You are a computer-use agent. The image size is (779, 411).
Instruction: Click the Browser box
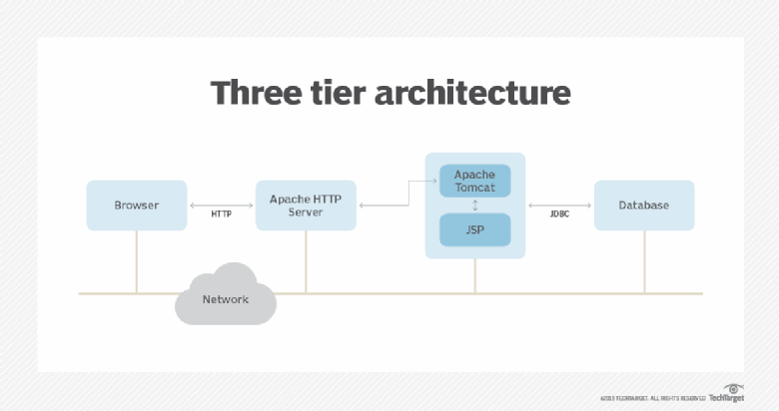[137, 205]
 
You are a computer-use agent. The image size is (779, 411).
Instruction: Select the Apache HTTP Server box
[306, 205]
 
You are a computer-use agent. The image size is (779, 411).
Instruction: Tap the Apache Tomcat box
[475, 181]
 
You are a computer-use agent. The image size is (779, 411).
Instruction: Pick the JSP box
[475, 230]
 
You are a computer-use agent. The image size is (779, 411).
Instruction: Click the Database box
[644, 205]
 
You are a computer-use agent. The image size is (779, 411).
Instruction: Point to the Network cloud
[225, 296]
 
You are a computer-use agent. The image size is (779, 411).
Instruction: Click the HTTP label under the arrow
[222, 214]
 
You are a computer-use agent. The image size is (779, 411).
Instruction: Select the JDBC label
[560, 214]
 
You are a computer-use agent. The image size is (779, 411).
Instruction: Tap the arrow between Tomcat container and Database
[560, 205]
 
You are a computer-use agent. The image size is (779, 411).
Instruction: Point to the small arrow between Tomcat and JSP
[475, 205]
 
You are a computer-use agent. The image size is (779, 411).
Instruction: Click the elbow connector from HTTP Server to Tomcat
[407, 195]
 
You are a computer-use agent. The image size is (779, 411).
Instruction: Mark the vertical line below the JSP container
[475, 276]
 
